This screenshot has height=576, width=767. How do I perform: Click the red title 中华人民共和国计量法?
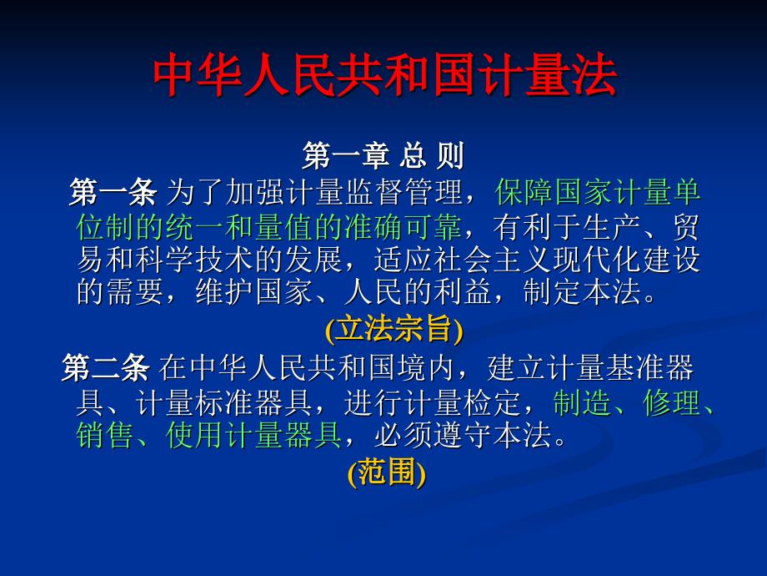[385, 75]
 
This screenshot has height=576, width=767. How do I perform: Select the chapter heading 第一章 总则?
[383, 156]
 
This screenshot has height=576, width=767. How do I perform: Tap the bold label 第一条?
[113, 192]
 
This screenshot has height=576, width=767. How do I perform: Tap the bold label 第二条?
[106, 368]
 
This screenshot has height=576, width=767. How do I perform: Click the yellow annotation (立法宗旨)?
[394, 329]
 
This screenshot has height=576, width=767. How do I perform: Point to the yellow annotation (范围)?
[387, 472]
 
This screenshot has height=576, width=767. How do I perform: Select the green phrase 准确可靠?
[404, 227]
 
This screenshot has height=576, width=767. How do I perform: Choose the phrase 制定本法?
[582, 292]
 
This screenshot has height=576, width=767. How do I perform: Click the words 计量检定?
[462, 403]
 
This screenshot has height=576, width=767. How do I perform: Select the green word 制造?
[582, 403]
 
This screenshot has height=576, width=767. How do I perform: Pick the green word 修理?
[672, 403]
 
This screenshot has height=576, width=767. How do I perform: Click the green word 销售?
[105, 436]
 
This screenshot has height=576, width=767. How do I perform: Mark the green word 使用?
[195, 436]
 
